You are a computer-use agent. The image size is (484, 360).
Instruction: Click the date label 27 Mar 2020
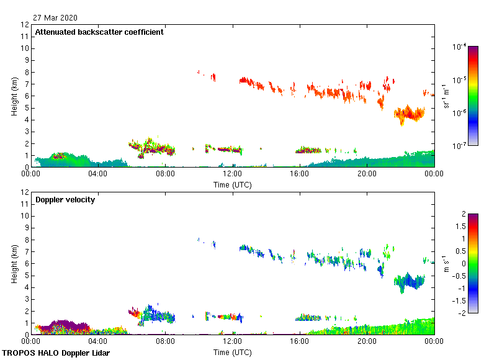pyautogui.click(x=56, y=17)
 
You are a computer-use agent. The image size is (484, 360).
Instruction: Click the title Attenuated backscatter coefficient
pyautogui.click(x=99, y=32)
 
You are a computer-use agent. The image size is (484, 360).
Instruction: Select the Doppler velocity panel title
pyautogui.click(x=65, y=200)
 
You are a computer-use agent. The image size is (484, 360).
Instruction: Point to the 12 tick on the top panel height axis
pyautogui.click(x=25, y=25)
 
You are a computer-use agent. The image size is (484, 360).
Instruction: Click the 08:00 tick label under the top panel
pyautogui.click(x=165, y=174)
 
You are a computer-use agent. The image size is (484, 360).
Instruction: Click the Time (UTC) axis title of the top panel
pyautogui.click(x=233, y=184)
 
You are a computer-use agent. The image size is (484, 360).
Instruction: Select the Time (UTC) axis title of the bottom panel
pyautogui.click(x=233, y=353)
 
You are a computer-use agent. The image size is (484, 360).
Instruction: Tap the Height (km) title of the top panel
pyautogui.click(x=14, y=96)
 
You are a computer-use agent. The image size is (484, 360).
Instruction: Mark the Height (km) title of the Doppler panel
pyautogui.click(x=14, y=264)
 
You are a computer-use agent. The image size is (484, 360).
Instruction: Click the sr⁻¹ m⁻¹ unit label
pyautogui.click(x=447, y=96)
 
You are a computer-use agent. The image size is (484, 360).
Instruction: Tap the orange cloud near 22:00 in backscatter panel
pyautogui.click(x=409, y=114)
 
